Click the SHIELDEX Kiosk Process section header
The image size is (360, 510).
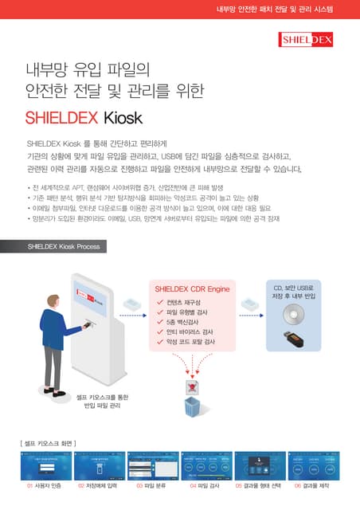pos(64,246)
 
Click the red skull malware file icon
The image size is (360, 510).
pos(192,386)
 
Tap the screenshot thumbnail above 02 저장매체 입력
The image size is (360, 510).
pos(99,464)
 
